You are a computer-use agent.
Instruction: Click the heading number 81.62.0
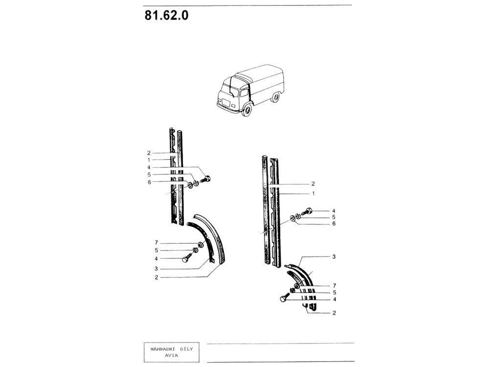coord(166,15)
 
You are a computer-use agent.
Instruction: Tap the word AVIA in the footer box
coord(172,355)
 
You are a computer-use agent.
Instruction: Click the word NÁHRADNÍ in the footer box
coord(161,349)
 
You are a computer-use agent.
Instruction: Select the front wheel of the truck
coord(247,110)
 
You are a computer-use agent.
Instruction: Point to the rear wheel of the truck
coord(275,97)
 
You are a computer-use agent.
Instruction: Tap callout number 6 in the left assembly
coord(149,182)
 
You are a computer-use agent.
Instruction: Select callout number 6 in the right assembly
coord(333,224)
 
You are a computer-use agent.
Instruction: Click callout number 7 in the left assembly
coord(156,243)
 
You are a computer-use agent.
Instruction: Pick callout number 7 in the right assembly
coord(334,286)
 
